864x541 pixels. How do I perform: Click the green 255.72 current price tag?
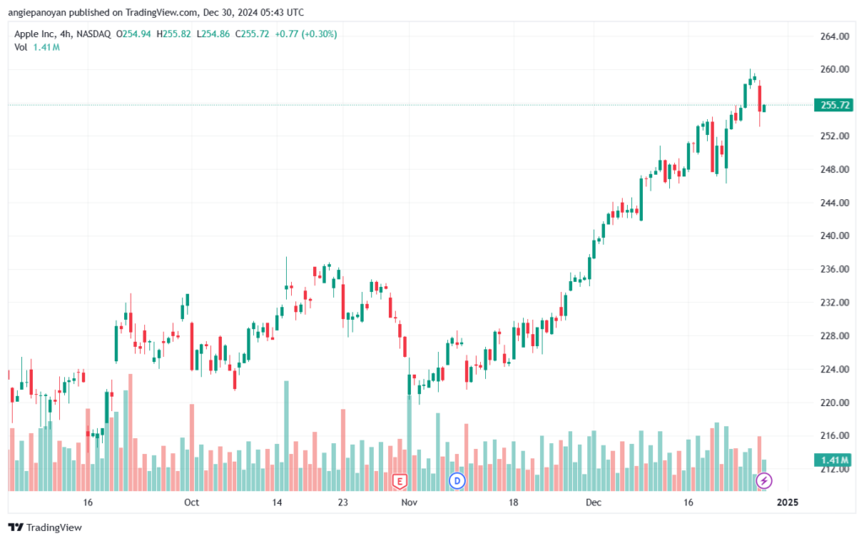[x=834, y=105]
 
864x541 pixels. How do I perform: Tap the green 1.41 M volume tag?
[x=834, y=460]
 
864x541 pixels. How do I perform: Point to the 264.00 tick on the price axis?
[x=834, y=36]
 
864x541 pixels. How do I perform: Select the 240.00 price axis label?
[x=834, y=235]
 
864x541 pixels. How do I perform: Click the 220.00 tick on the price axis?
[x=834, y=403]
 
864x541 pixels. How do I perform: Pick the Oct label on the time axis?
[x=192, y=502]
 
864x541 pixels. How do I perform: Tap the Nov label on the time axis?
[x=409, y=502]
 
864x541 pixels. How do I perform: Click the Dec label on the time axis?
[x=593, y=502]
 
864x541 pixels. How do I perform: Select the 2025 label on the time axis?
[x=787, y=502]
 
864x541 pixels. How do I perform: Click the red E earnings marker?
[x=399, y=482]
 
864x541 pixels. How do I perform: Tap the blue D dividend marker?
[x=456, y=481]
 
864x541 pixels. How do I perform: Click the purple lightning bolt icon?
[x=764, y=481]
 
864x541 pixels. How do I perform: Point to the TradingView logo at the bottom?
[x=46, y=527]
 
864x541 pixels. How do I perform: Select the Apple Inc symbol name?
[x=34, y=34]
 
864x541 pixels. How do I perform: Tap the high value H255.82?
[x=174, y=34]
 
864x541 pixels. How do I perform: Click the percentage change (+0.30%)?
[x=319, y=34]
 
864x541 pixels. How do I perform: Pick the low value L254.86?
[x=213, y=34]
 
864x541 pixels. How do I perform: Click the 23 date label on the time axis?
[x=343, y=502]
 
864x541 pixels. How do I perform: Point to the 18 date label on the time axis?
[x=513, y=502]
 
